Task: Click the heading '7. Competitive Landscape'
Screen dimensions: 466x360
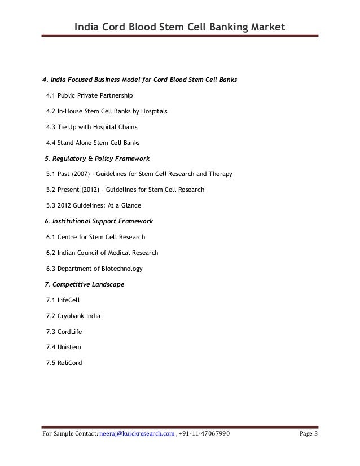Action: (x=84, y=284)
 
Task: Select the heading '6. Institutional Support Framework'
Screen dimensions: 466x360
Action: (x=98, y=221)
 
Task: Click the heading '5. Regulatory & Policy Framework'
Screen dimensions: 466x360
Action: (x=96, y=159)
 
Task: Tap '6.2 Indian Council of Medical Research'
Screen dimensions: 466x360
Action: (x=102, y=253)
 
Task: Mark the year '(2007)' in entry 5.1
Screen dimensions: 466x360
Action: (x=80, y=174)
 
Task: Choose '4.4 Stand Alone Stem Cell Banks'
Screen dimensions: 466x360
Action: (x=93, y=143)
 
